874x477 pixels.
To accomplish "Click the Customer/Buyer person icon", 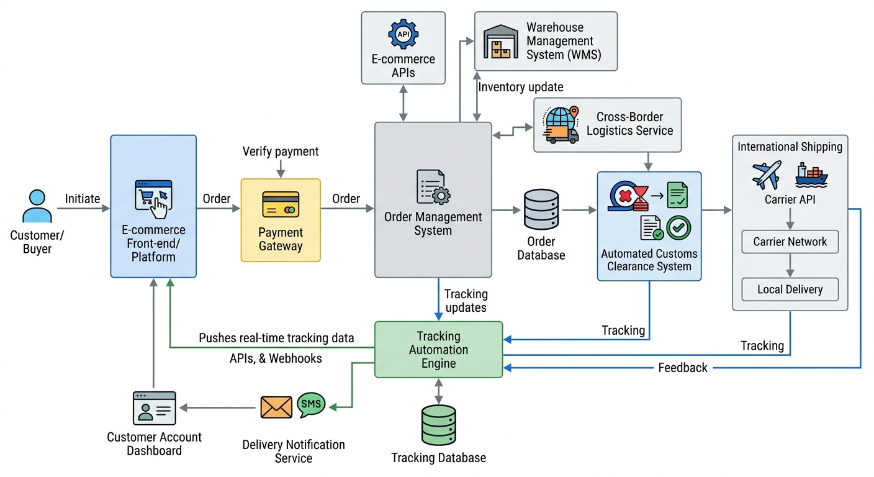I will [x=37, y=206].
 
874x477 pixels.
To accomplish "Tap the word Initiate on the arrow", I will [x=83, y=199].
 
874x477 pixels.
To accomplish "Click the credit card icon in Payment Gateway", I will [x=281, y=204].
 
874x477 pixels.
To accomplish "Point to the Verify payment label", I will [x=281, y=152].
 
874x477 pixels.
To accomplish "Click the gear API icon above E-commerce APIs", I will [x=403, y=34].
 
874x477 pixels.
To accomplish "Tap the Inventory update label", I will [x=521, y=88].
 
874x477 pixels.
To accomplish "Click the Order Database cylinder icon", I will [x=541, y=210].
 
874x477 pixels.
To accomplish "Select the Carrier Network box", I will [x=790, y=242].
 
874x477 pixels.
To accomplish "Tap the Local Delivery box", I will [x=790, y=289].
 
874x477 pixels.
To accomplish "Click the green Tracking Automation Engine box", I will [x=438, y=350].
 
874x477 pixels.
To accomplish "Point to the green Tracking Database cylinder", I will [x=438, y=425].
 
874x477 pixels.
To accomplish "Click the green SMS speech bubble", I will [x=310, y=404].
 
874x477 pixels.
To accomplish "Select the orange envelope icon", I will [x=276, y=407].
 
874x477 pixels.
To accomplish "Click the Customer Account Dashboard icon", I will [x=154, y=408].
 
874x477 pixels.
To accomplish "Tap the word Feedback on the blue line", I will [x=682, y=368].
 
